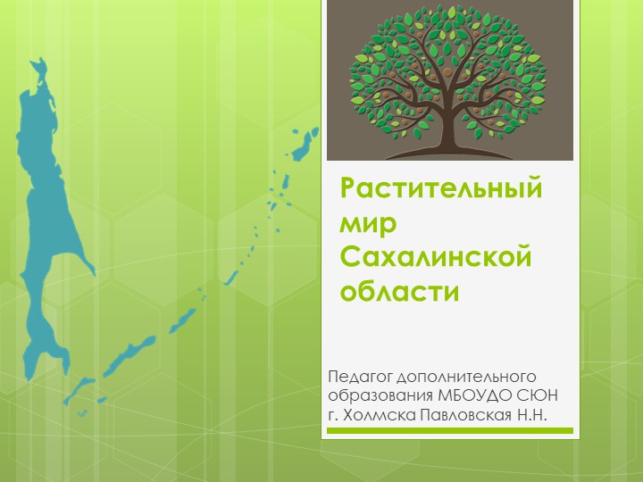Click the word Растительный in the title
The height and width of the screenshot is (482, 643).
(x=443, y=190)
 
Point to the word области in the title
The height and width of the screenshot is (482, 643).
(x=399, y=291)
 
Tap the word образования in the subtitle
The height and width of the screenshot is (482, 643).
(x=381, y=395)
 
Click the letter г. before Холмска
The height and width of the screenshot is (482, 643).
(x=333, y=416)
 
